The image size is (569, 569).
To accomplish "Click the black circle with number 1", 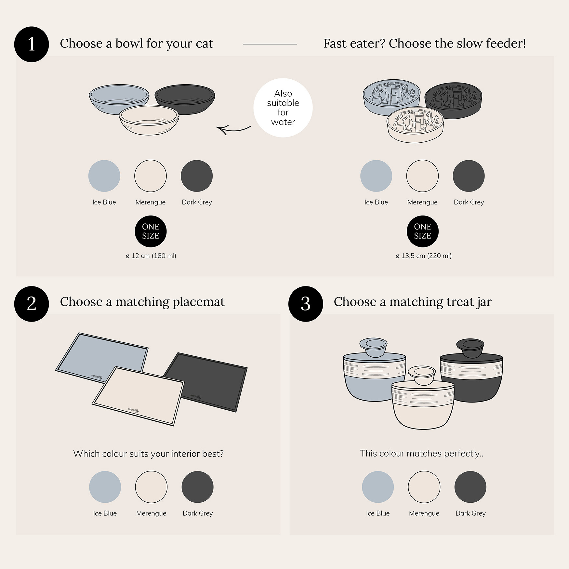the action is (x=32, y=44).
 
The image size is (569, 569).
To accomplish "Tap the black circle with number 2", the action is (x=32, y=304).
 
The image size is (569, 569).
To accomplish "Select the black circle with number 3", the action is (x=306, y=304).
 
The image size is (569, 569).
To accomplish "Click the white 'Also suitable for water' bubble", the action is (x=283, y=108).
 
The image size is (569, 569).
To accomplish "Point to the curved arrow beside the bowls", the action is (x=233, y=130).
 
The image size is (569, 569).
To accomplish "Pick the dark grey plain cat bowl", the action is (x=185, y=99).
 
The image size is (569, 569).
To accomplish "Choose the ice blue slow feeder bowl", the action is (x=391, y=97).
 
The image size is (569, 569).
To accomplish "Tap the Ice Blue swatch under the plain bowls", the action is (x=104, y=176).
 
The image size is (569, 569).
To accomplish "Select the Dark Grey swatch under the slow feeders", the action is (x=469, y=176).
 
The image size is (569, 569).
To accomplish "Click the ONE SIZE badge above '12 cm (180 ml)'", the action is (x=151, y=231).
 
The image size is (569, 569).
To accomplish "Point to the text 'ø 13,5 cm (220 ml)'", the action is (x=423, y=256).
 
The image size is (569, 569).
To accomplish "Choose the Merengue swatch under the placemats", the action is (x=151, y=487).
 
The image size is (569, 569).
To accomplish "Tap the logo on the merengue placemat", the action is (x=133, y=411).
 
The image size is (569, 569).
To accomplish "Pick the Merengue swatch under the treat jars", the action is (x=424, y=487).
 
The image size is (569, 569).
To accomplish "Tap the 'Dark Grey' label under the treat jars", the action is (x=470, y=513).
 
